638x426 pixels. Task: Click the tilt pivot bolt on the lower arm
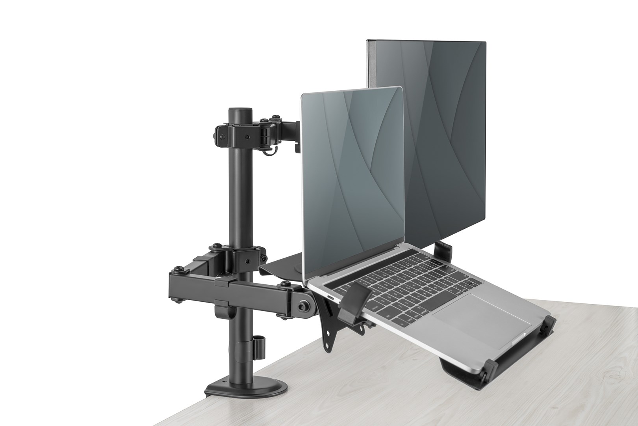(x=304, y=305)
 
